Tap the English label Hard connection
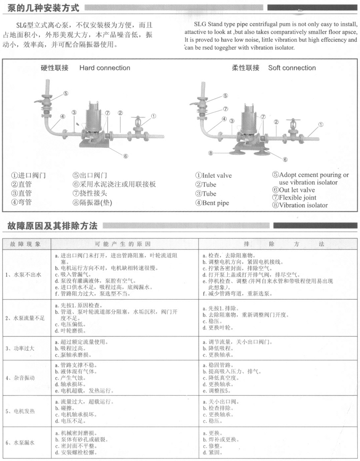(105, 68)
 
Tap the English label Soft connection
(292, 68)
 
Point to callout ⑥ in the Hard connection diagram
(125, 156)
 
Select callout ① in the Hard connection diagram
(153, 116)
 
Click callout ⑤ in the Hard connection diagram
(66, 93)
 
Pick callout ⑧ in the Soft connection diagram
(211, 153)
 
